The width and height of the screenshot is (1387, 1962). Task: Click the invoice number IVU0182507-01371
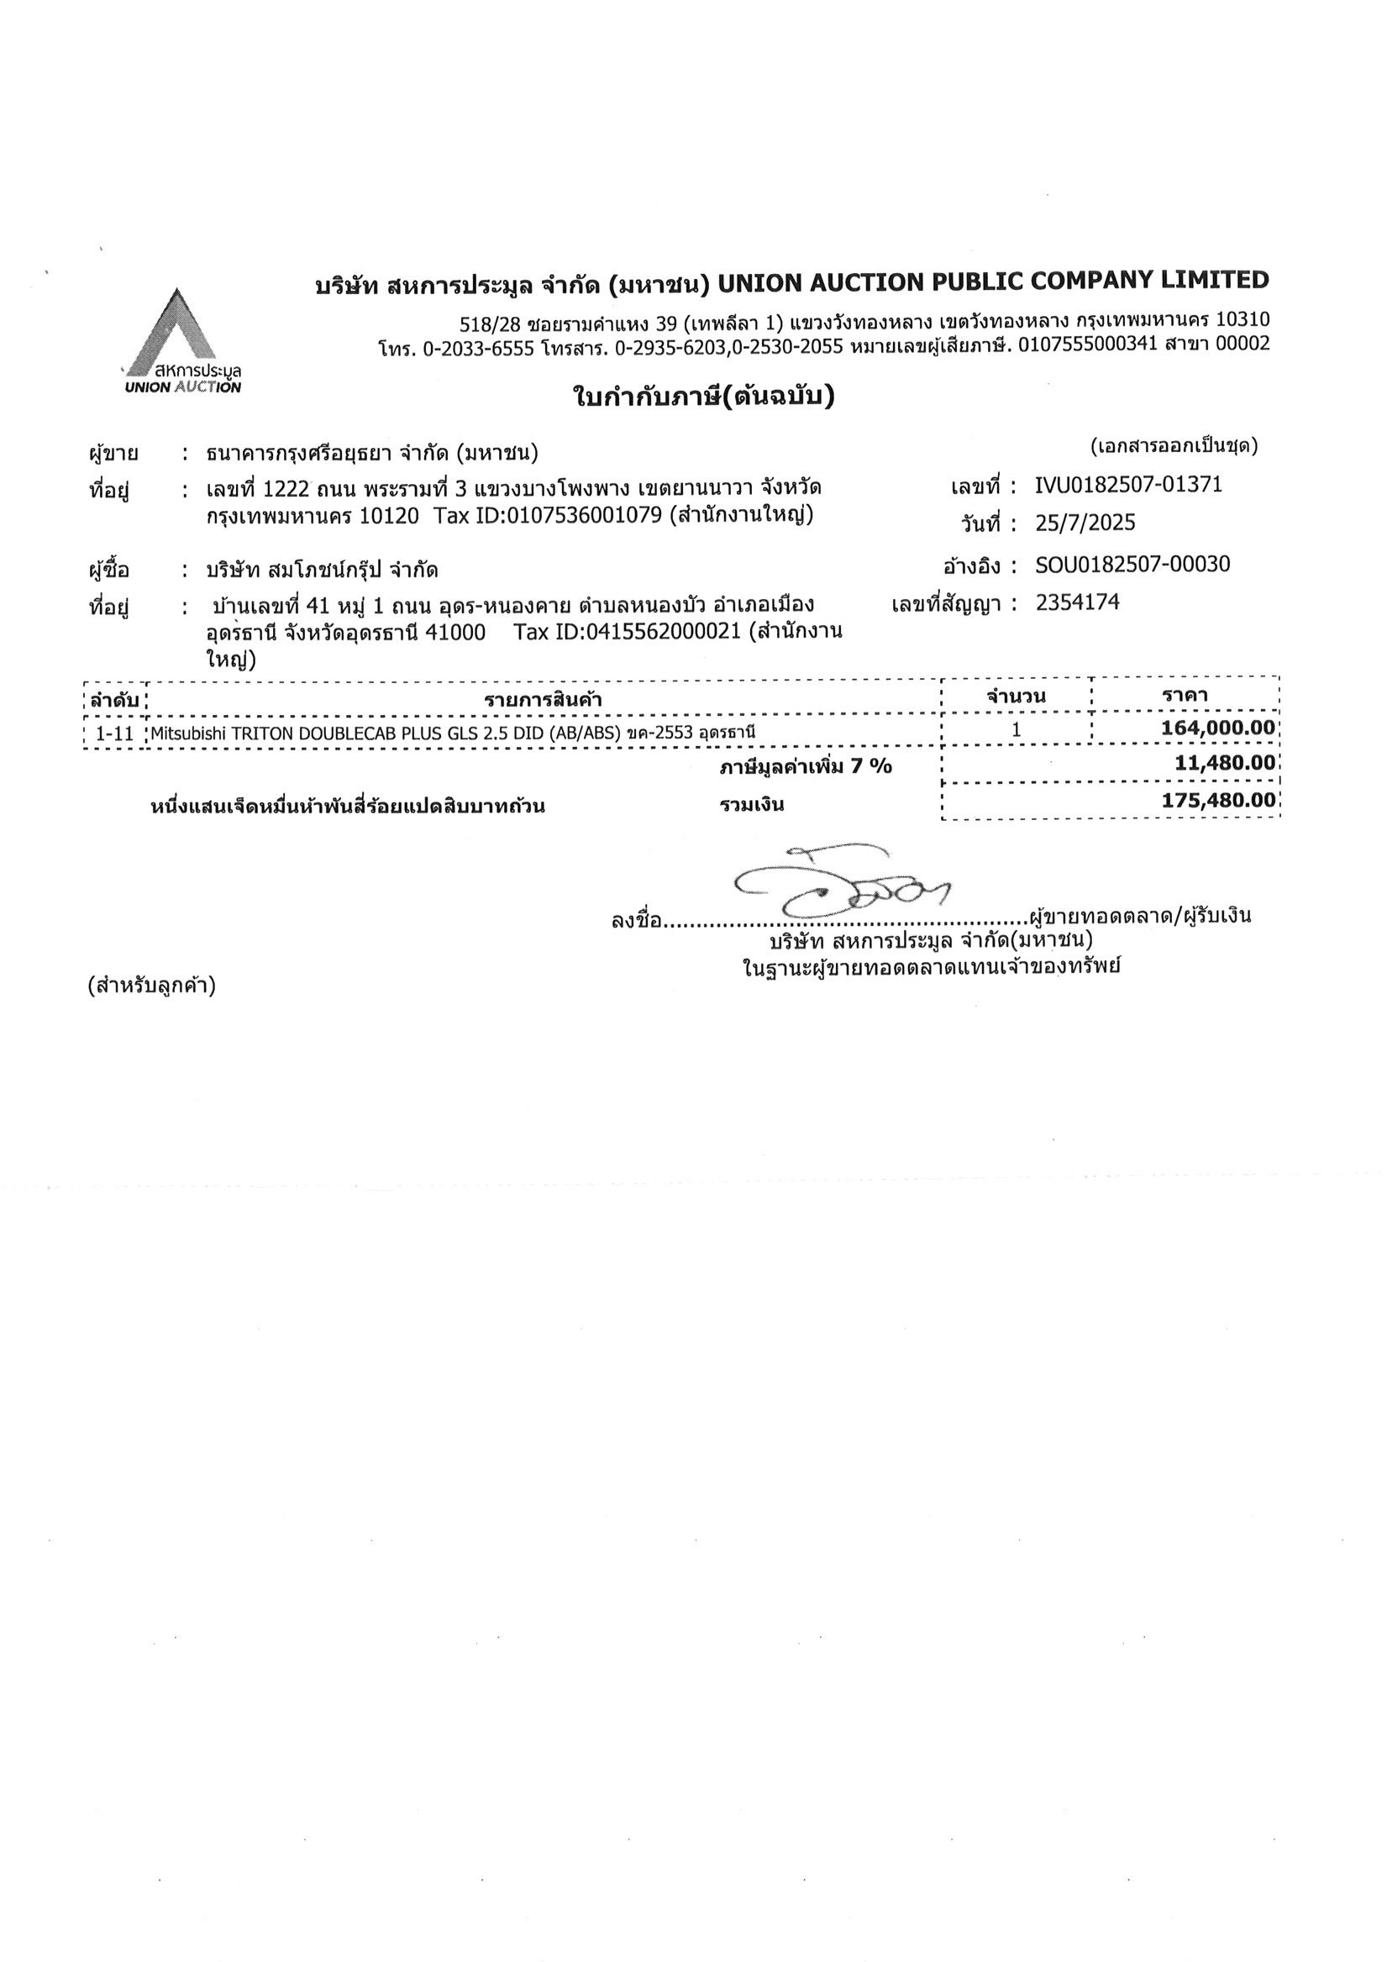1128,485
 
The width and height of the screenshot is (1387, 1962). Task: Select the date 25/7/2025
1085,523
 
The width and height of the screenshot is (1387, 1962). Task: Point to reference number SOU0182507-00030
1132,564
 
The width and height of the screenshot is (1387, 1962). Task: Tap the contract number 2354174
1077,602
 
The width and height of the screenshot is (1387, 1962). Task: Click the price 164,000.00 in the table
1218,729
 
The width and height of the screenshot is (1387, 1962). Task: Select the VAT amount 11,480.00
1225,762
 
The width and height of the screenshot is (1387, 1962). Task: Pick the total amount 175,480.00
1219,801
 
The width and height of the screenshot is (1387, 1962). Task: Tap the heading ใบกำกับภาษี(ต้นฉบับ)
702,397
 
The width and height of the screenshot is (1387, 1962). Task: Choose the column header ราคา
1185,695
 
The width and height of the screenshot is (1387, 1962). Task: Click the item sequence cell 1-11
114,734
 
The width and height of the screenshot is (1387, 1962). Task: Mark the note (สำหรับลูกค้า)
151,986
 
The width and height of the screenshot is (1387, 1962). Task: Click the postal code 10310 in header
1243,320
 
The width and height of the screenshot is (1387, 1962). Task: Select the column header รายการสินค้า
543,700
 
